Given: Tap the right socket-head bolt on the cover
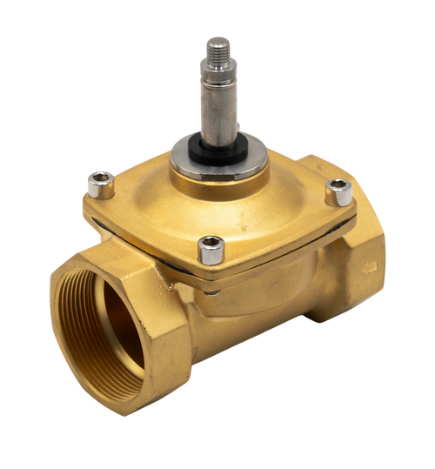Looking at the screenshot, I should pos(336,191).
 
